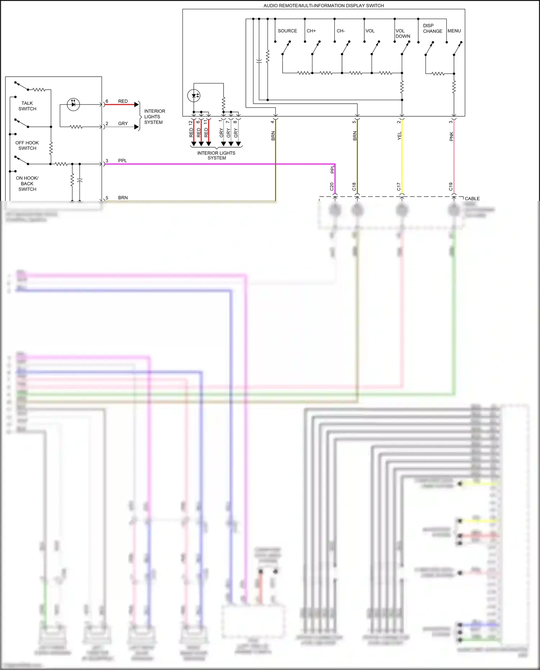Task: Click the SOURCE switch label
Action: click(287, 31)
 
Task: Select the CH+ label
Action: click(311, 31)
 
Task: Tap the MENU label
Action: click(454, 31)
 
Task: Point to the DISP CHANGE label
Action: click(432, 28)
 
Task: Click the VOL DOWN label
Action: click(402, 33)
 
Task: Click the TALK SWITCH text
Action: click(27, 106)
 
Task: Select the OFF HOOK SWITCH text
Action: click(27, 145)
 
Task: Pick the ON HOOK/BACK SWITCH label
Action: click(27, 184)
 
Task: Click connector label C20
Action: click(332, 186)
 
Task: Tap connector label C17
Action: click(399, 186)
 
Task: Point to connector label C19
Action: click(450, 186)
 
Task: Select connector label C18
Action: click(354, 186)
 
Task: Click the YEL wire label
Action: click(399, 136)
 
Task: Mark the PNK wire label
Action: click(451, 136)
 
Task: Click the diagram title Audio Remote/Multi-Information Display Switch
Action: click(323, 5)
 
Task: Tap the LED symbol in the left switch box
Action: click(73, 104)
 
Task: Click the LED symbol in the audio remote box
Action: click(194, 96)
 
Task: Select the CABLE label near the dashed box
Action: click(472, 198)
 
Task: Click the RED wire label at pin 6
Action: click(123, 101)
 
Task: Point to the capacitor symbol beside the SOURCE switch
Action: click(259, 61)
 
